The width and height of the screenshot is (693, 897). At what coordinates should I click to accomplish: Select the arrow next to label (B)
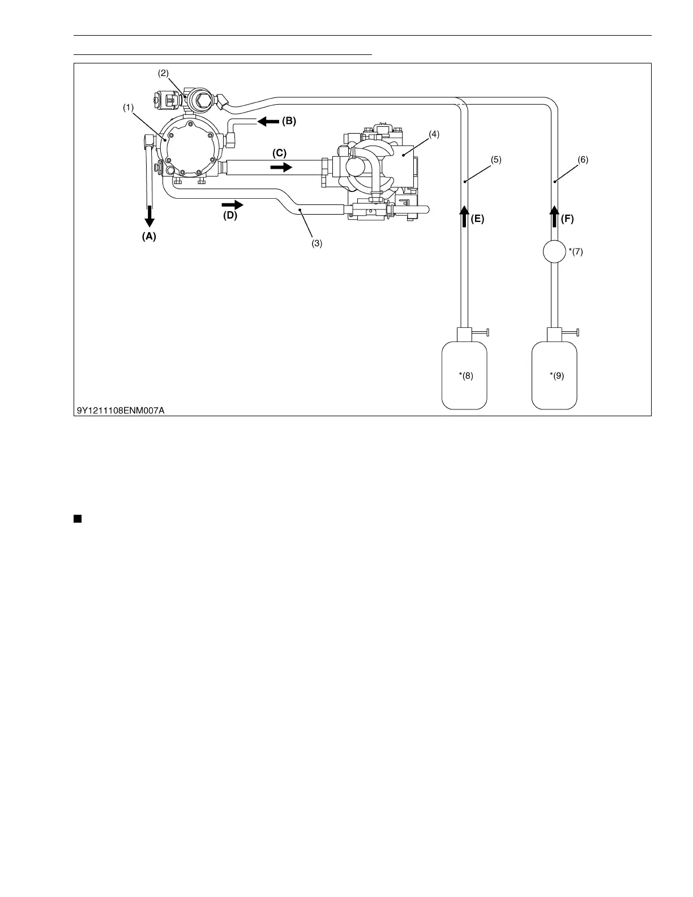click(268, 121)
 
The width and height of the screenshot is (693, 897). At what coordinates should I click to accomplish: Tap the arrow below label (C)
click(281, 167)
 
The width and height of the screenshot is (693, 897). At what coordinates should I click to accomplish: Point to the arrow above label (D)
click(232, 204)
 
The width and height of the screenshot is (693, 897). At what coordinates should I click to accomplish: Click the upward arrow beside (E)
click(464, 217)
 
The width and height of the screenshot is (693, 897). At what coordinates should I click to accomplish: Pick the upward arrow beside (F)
click(554, 217)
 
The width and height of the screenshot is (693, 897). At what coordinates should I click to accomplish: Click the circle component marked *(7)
click(554, 251)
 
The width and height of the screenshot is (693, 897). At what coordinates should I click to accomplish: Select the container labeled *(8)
click(464, 375)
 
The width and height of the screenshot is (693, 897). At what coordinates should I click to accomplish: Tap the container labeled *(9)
click(555, 375)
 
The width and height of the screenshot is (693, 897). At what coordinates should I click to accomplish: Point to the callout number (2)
click(163, 73)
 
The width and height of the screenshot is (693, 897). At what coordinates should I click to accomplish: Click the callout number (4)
click(434, 134)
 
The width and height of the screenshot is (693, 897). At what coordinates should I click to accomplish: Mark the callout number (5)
click(495, 160)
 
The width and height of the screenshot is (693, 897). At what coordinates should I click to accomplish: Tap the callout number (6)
click(583, 160)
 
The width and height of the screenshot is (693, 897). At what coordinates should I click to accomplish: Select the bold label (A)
click(148, 237)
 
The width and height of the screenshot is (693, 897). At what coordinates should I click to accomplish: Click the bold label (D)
click(229, 216)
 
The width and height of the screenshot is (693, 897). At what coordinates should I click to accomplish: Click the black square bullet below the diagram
click(77, 518)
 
